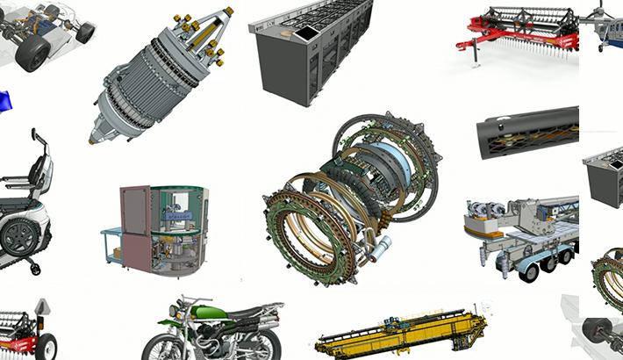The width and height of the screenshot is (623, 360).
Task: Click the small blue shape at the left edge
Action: (5, 101)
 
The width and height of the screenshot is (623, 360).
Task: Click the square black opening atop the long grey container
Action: (308, 32)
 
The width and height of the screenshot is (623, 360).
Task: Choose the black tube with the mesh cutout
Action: (527, 132)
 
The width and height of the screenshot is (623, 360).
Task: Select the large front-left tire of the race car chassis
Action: (33, 53)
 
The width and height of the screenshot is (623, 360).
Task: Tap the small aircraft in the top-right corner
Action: (605, 22)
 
